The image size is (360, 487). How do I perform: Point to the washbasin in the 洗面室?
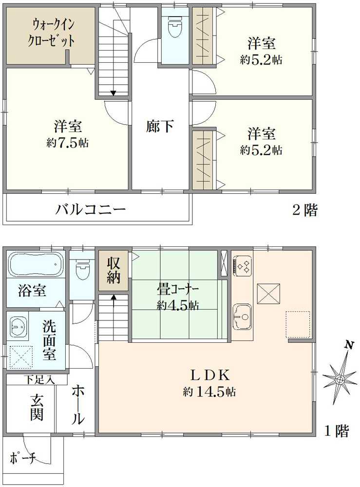[x=18, y=326]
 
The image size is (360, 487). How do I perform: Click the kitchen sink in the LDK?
[x=242, y=315]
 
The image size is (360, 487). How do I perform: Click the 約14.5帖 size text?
[x=210, y=391]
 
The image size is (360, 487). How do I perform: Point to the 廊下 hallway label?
[x=160, y=127]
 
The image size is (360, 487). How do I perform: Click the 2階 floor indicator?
[x=304, y=211]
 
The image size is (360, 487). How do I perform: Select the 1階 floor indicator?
[x=337, y=431]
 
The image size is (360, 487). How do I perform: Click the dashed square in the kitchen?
[x=298, y=323]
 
